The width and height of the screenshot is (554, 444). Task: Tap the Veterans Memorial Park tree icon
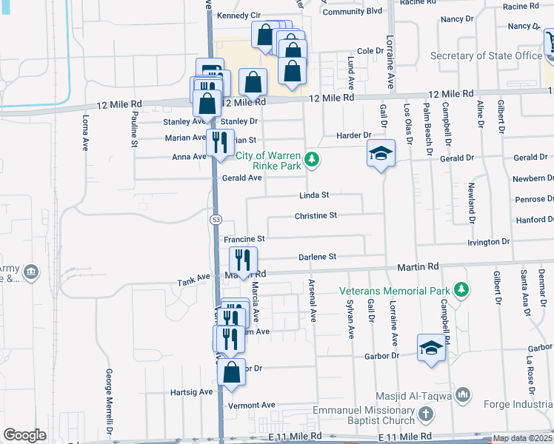[462, 288]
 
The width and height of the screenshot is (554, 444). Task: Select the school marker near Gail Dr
[381, 153]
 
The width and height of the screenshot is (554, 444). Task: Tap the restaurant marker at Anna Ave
[219, 141]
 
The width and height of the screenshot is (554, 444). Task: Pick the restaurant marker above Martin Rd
[241, 260]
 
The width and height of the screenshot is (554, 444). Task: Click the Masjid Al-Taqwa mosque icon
[464, 394]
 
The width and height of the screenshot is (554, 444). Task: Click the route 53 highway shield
[216, 220]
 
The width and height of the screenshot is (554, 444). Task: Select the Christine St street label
[316, 215]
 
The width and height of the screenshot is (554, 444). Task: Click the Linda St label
[313, 195]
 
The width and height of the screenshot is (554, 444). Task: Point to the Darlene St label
[317, 257]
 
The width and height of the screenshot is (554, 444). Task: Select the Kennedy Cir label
[239, 16]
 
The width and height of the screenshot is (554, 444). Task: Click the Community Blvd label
[352, 11]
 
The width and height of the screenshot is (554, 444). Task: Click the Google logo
[24, 435]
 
